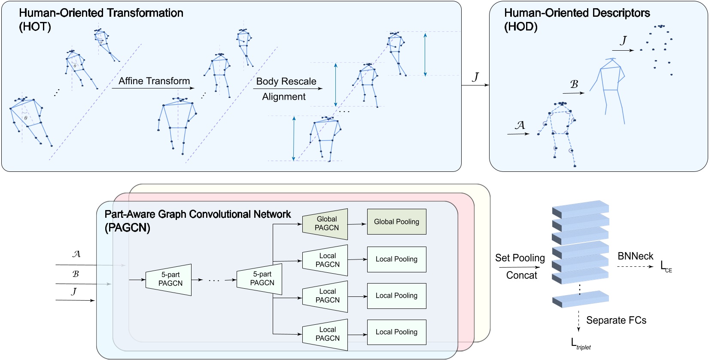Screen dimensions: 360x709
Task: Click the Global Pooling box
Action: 396,222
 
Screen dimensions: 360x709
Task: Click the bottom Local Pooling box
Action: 396,332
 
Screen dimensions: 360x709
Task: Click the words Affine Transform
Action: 154,81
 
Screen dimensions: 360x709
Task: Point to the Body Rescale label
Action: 286,81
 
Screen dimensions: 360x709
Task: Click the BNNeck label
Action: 635,256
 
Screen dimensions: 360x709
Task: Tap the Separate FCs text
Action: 616,320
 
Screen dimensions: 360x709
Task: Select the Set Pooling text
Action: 520,258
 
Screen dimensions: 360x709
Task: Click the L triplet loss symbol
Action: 580,344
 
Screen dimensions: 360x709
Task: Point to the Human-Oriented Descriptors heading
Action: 577,13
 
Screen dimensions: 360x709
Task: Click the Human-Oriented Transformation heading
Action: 101,13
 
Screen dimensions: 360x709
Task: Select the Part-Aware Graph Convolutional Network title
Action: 198,214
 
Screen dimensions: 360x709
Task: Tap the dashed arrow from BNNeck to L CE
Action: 635,267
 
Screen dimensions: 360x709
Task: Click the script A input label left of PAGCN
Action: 76,254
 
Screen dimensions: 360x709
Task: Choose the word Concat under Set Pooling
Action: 521,275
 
